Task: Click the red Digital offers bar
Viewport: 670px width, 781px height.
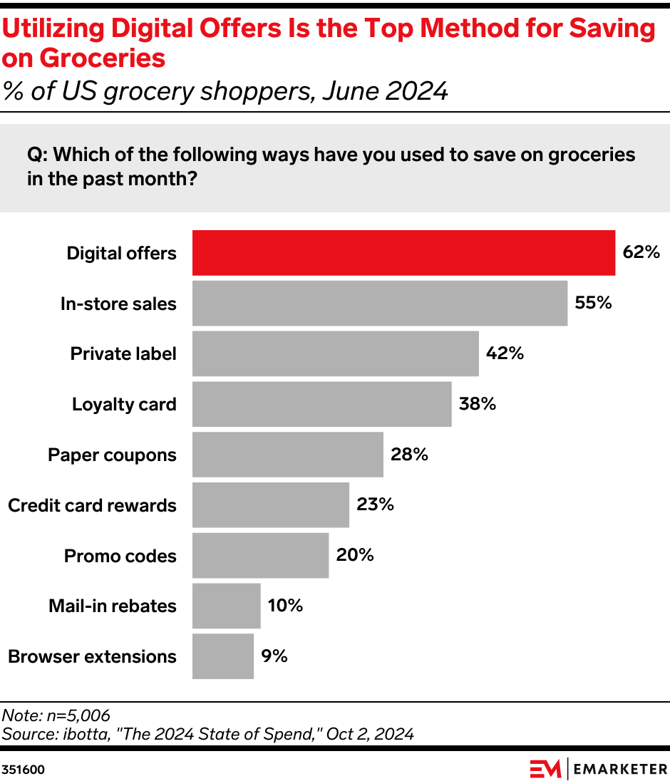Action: click(x=403, y=253)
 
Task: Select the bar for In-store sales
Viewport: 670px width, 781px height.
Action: click(x=380, y=304)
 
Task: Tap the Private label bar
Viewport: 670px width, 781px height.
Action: click(x=335, y=353)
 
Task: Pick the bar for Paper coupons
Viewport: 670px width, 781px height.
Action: click(x=287, y=455)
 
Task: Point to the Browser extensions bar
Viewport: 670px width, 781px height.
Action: click(x=222, y=656)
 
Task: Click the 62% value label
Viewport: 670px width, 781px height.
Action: click(x=641, y=252)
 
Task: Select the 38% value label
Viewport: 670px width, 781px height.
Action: click(x=478, y=404)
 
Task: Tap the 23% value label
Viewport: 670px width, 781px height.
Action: click(x=375, y=505)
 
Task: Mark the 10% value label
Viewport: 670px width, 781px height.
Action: click(x=285, y=606)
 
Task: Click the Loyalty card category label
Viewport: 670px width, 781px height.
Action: click(x=124, y=405)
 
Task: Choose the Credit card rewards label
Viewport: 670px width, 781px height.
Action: click(x=92, y=505)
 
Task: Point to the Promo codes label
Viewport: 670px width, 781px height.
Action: click(x=120, y=556)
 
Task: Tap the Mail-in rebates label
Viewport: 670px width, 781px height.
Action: click(x=113, y=606)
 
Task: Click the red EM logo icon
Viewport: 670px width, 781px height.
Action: click(x=546, y=769)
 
